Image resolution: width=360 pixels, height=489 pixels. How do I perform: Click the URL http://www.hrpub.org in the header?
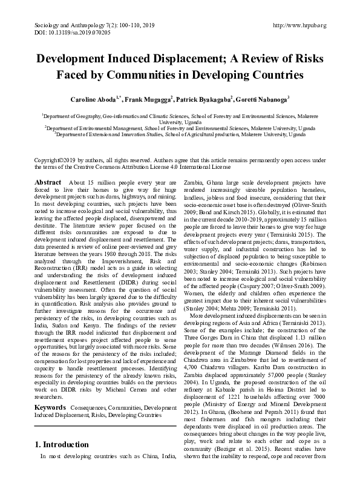300,25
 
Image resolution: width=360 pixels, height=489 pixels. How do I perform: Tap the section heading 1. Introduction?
61,462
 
